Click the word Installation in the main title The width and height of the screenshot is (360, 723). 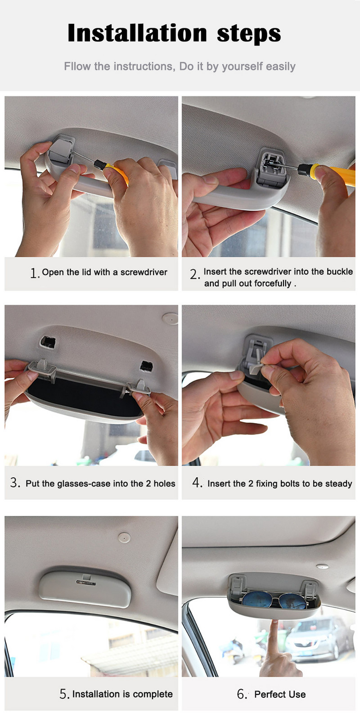[137, 33]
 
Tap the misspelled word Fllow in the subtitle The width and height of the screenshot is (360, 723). [77, 66]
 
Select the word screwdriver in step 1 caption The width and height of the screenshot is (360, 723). [144, 272]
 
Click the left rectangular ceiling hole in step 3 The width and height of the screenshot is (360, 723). [48, 342]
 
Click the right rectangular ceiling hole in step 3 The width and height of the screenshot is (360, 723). [146, 366]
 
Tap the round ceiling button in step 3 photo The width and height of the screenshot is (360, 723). [170, 318]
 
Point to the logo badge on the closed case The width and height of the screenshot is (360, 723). [86, 583]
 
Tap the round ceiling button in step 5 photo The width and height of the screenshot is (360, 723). [124, 538]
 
